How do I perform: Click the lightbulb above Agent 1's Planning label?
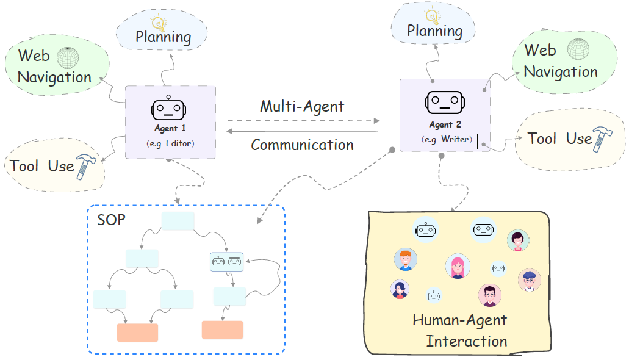[x=159, y=22]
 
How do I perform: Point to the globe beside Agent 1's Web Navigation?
[x=68, y=57]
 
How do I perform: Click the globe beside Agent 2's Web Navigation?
[x=577, y=49]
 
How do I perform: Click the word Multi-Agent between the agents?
[x=302, y=107]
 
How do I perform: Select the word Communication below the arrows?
[x=302, y=145]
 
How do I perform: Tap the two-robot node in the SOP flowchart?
[x=226, y=262]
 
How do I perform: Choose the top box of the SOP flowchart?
[x=178, y=221]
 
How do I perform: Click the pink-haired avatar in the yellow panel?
[x=458, y=266]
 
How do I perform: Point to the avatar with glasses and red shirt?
[x=489, y=295]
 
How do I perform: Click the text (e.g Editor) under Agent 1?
[x=170, y=143]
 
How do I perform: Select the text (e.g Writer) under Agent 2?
[x=446, y=139]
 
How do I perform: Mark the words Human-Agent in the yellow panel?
[x=459, y=320]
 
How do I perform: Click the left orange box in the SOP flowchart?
[x=137, y=333]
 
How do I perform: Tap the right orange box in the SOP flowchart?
[x=222, y=329]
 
